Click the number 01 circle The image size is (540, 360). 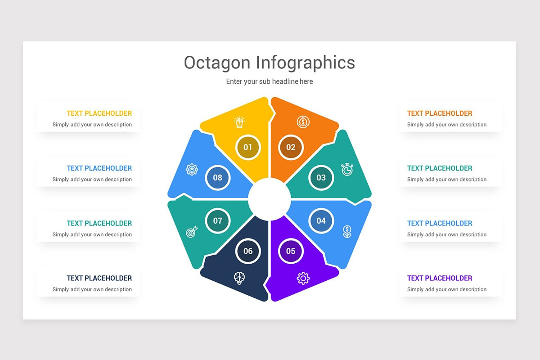pos(248,147)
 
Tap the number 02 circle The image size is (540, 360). pos(291,147)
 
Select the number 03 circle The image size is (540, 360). pos(321,178)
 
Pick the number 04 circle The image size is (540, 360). pos(321,220)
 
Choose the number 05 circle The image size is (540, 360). pos(291,251)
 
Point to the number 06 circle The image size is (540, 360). pos(248,251)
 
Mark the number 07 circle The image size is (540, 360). pos(218,220)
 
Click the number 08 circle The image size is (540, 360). pos(218,178)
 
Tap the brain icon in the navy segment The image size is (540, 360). pos(239,278)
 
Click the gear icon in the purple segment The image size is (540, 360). pos(303,278)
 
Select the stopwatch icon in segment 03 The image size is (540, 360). pos(347,170)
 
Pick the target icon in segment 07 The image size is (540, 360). pos(192,233)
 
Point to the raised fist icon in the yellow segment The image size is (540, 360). pos(239,121)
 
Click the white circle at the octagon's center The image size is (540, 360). pos(269,199)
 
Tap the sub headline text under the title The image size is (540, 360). pos(269,81)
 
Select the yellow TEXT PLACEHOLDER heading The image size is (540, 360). pos(99,113)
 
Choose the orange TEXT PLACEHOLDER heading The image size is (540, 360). pos(440,113)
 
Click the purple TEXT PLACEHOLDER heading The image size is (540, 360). pos(440,278)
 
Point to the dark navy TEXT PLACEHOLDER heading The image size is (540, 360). pos(99,278)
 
